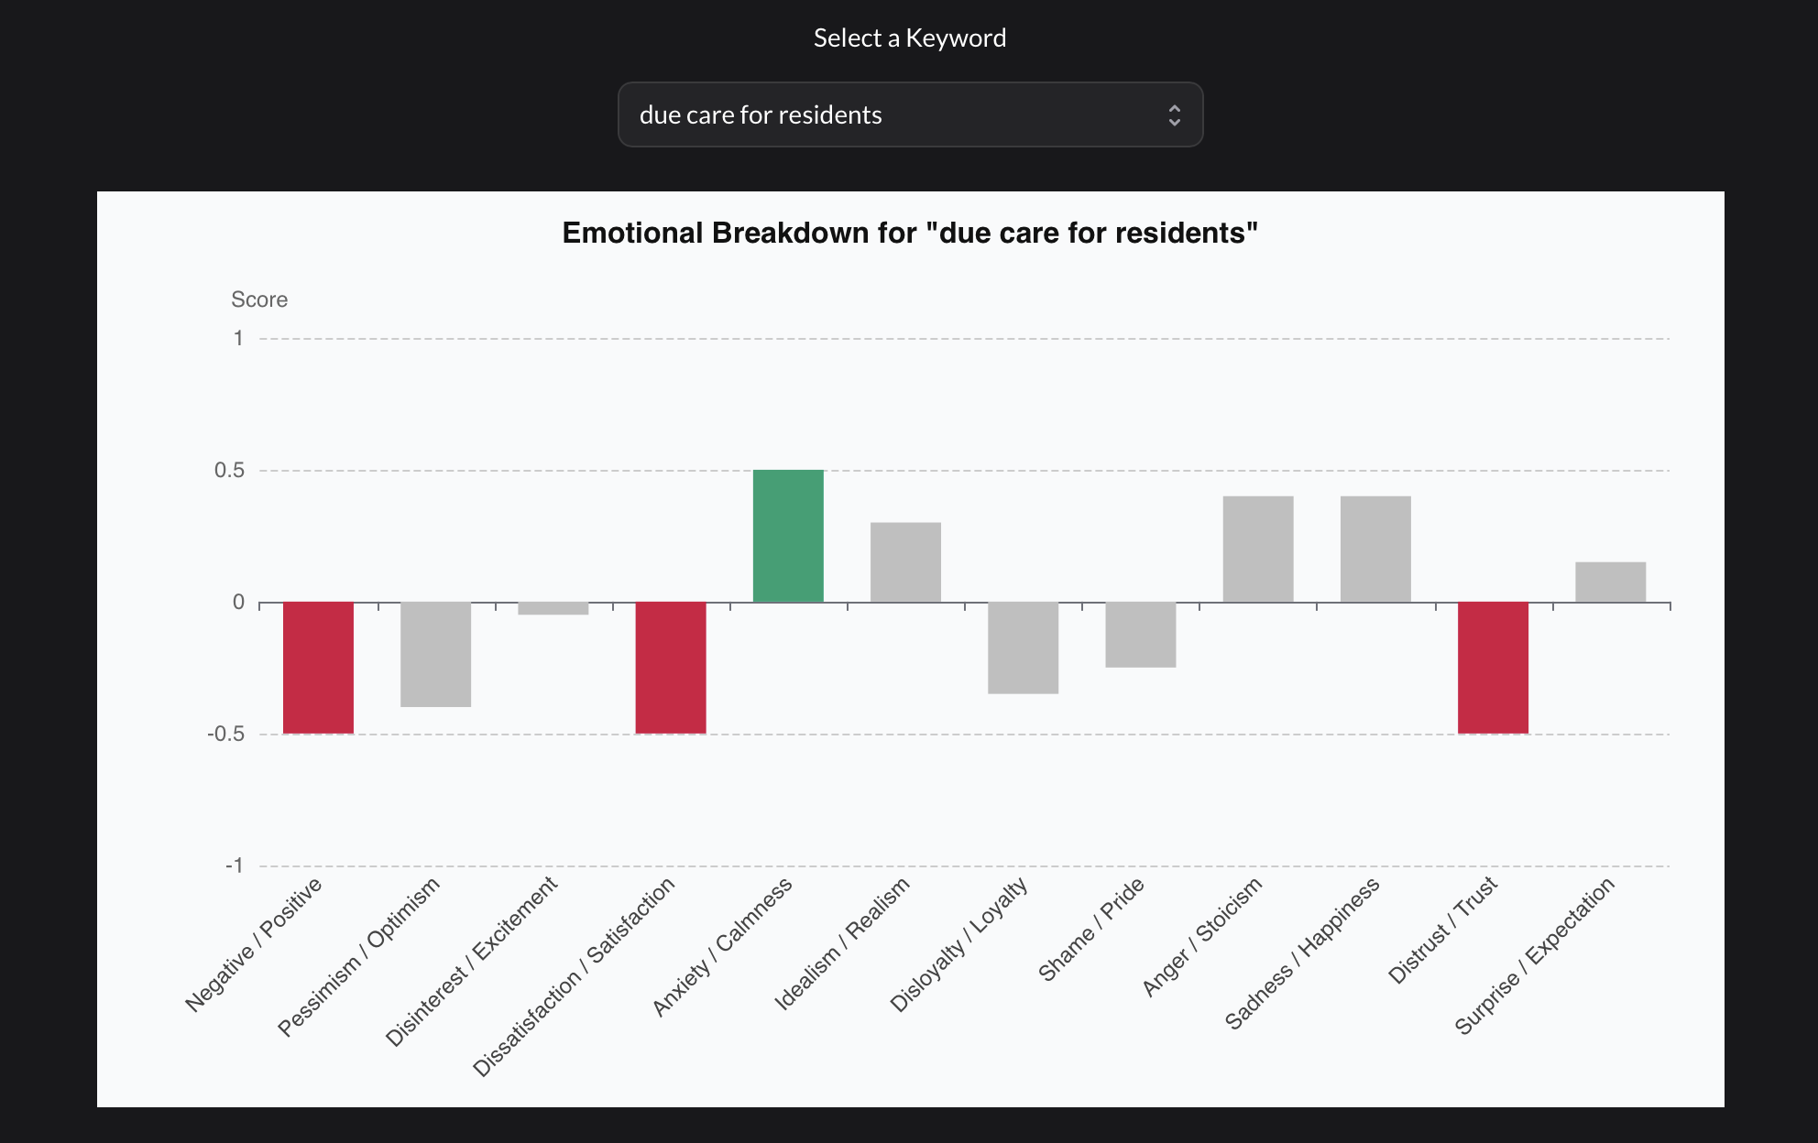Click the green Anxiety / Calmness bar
click(x=788, y=536)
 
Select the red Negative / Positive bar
click(x=318, y=668)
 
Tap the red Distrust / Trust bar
click(x=1493, y=668)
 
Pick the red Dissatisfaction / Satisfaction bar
click(x=671, y=668)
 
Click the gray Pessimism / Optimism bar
click(x=435, y=654)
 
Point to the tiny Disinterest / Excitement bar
click(x=553, y=608)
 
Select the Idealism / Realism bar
click(x=905, y=562)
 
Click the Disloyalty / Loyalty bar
click(x=1023, y=648)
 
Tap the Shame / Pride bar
click(x=1140, y=635)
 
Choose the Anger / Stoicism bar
click(x=1257, y=550)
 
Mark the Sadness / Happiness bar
click(x=1375, y=550)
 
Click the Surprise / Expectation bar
click(x=1610, y=582)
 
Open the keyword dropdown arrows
click(x=1174, y=115)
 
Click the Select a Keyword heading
click(x=909, y=38)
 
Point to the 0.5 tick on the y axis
click(x=230, y=471)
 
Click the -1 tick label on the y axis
click(x=235, y=866)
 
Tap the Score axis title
click(x=259, y=300)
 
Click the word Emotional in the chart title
click(x=632, y=234)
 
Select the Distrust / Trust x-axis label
click(x=1442, y=931)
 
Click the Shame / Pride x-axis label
click(x=1090, y=930)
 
